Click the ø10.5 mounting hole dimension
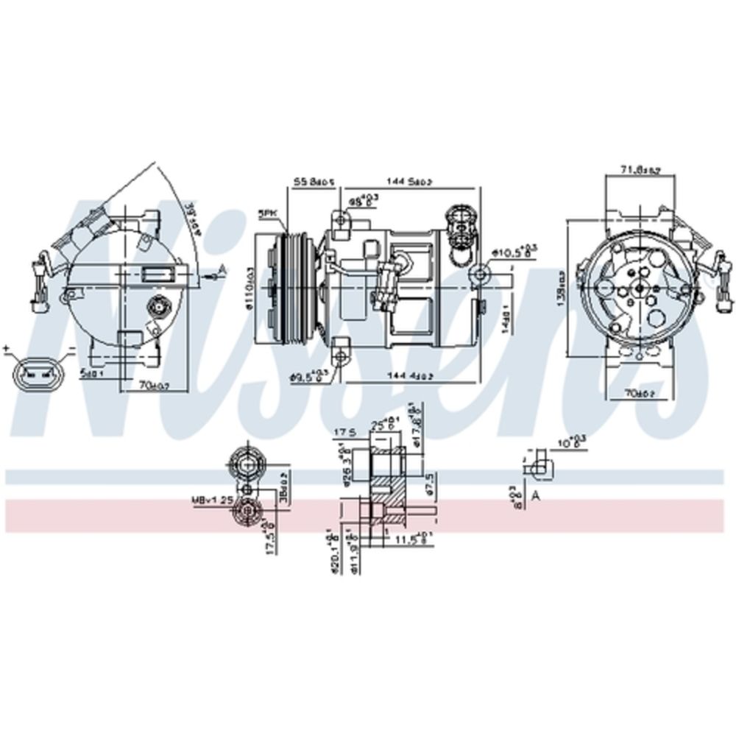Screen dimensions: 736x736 click(x=514, y=253)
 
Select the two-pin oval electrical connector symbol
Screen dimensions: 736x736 click(x=34, y=373)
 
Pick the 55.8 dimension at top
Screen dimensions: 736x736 click(x=315, y=181)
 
